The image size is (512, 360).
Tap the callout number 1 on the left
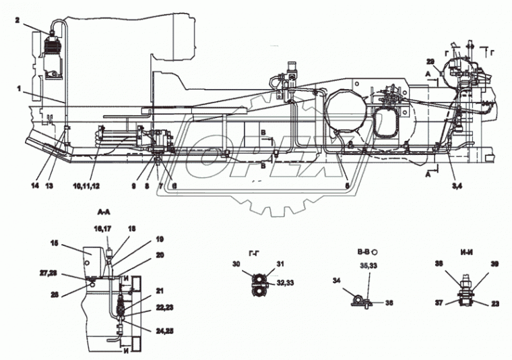20,88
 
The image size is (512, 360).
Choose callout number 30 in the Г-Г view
236,264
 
